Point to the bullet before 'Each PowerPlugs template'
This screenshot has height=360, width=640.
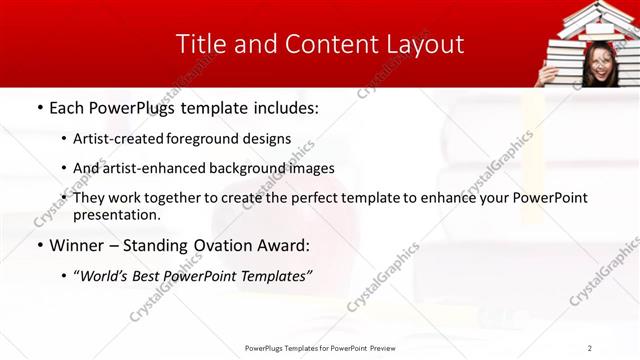point(39,107)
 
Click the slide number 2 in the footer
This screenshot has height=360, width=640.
point(589,348)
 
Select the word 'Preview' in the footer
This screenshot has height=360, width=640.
point(381,348)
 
